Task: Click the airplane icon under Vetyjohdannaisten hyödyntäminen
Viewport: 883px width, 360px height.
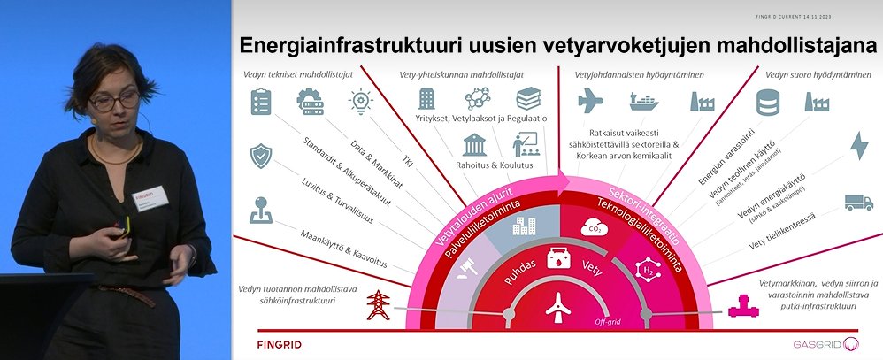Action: tap(589, 102)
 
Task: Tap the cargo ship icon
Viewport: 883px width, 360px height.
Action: tap(650, 103)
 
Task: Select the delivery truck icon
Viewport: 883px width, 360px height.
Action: tap(858, 202)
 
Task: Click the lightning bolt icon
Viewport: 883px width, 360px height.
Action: tap(858, 145)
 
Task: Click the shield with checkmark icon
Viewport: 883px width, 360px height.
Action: tap(260, 156)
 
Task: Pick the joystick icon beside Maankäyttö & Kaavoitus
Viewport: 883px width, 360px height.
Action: tap(260, 209)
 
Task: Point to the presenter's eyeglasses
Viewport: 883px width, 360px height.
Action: tap(113, 101)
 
